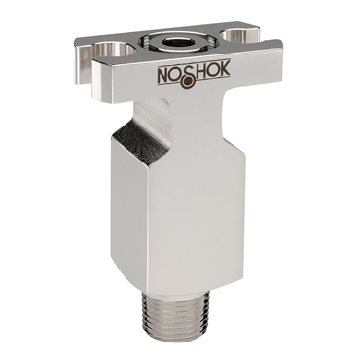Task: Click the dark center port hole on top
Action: [178, 43]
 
